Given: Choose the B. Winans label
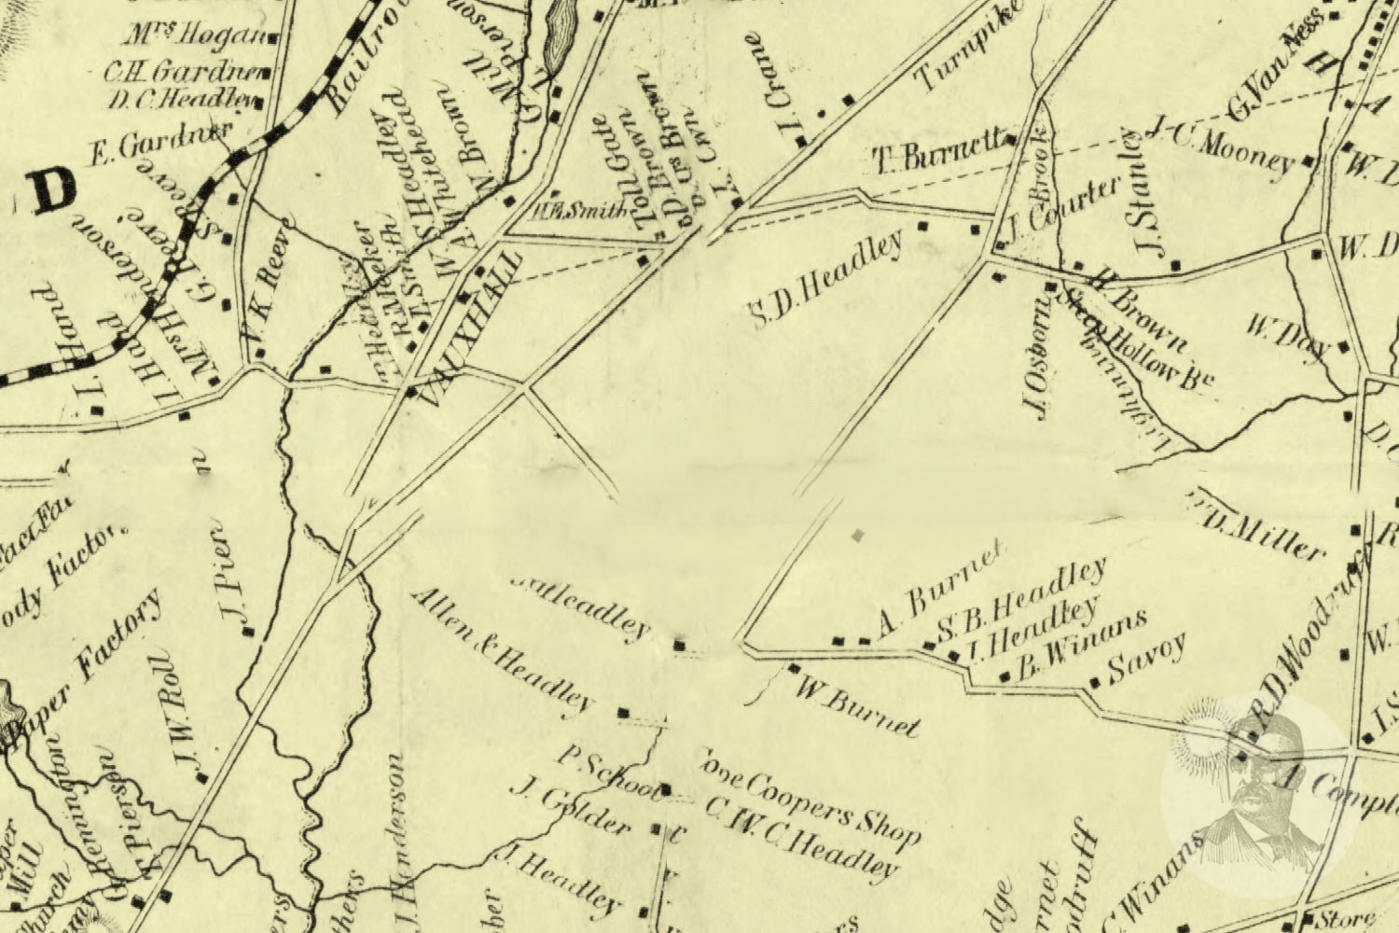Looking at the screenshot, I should [1082, 644].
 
